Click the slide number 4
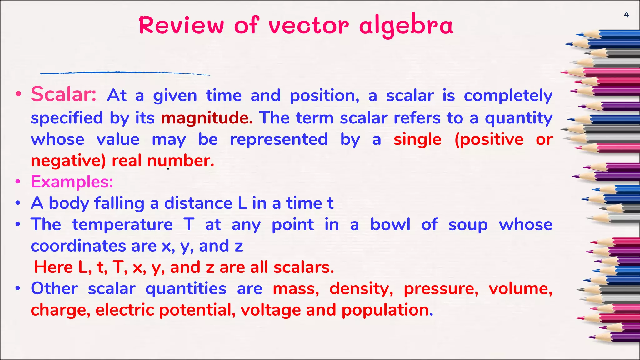tap(626, 15)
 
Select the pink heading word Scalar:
tap(64, 94)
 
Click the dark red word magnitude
tap(207, 118)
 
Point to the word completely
tap(508, 96)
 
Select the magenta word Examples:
tap(72, 182)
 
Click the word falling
tap(119, 203)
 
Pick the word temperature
tap(122, 225)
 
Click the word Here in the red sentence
tap(53, 267)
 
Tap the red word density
tap(361, 289)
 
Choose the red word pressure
tap(441, 289)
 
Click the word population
tap(387, 310)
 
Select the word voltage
tap(271, 310)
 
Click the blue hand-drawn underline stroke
tap(125, 73)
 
